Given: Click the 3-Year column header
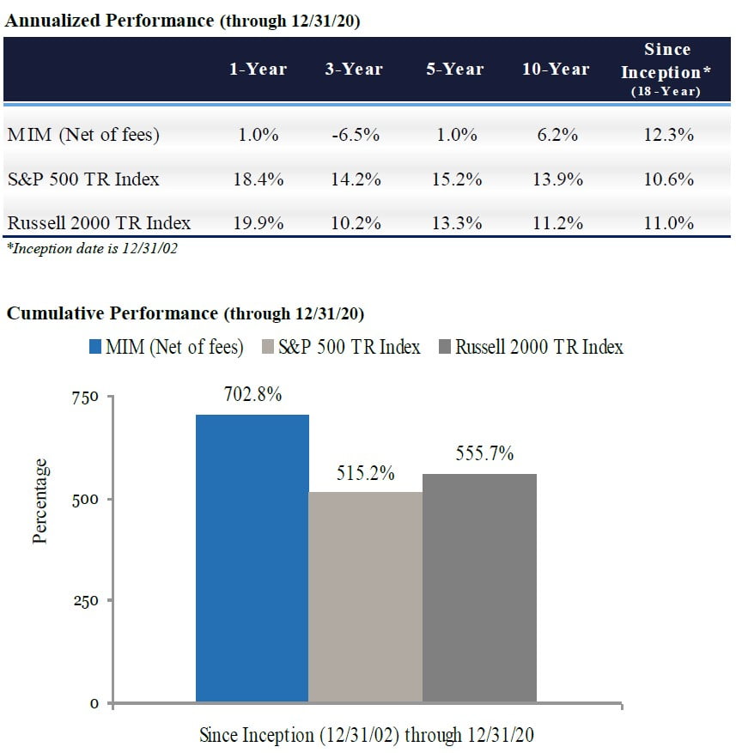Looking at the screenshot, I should click(x=354, y=70).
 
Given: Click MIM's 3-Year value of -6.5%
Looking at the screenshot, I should click(x=354, y=134).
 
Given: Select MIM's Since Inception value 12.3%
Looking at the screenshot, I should click(x=669, y=134).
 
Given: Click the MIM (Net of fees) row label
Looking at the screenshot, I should click(x=83, y=134).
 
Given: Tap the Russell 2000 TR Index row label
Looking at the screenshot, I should click(x=99, y=223).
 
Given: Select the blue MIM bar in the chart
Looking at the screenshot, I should click(x=252, y=558).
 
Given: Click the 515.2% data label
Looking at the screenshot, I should click(x=365, y=472).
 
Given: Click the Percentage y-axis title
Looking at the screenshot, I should click(x=40, y=501).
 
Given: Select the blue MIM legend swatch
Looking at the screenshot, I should click(x=94, y=347).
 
